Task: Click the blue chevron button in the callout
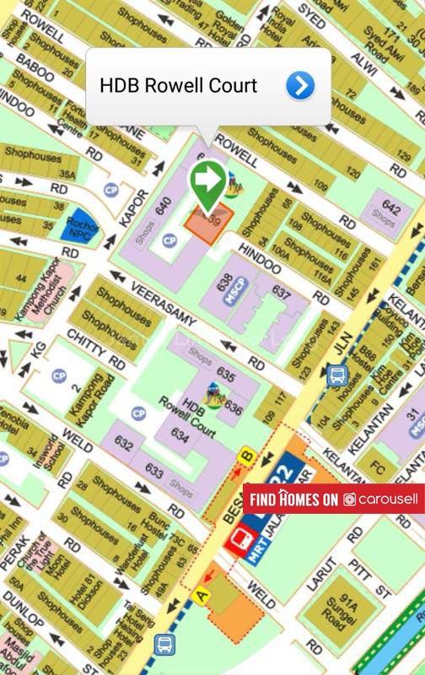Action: (300, 85)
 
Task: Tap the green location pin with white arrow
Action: (207, 181)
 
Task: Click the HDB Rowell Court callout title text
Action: (178, 85)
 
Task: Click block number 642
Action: (390, 208)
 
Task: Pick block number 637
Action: (281, 290)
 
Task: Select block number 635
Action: (225, 372)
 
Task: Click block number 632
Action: (124, 442)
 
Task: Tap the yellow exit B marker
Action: (247, 456)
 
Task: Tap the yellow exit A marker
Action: (201, 596)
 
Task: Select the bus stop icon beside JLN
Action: (338, 375)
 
